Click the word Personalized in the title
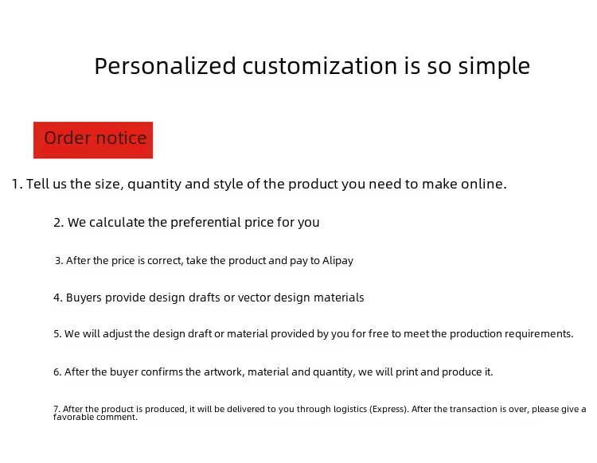[166, 66]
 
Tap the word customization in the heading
[320, 66]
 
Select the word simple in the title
[494, 67]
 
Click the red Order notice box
[93, 140]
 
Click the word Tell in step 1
[37, 184]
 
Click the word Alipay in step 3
[338, 261]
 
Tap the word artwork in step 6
[224, 372]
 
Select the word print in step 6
[407, 372]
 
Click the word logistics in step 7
[350, 410]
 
